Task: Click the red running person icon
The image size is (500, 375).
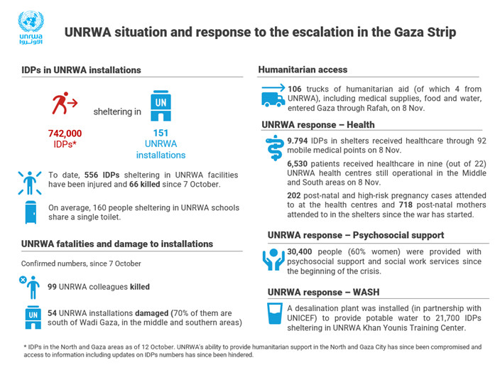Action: click(x=64, y=104)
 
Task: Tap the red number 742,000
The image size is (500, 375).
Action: click(x=65, y=133)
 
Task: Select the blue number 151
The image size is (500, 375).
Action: click(x=161, y=133)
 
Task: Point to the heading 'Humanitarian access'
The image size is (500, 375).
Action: click(x=303, y=70)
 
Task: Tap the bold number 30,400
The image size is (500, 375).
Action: click(x=302, y=251)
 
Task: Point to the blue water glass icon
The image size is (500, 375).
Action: click(x=273, y=315)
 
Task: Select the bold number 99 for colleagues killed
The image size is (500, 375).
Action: click(x=53, y=286)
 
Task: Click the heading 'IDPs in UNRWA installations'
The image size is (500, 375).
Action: click(x=81, y=70)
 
